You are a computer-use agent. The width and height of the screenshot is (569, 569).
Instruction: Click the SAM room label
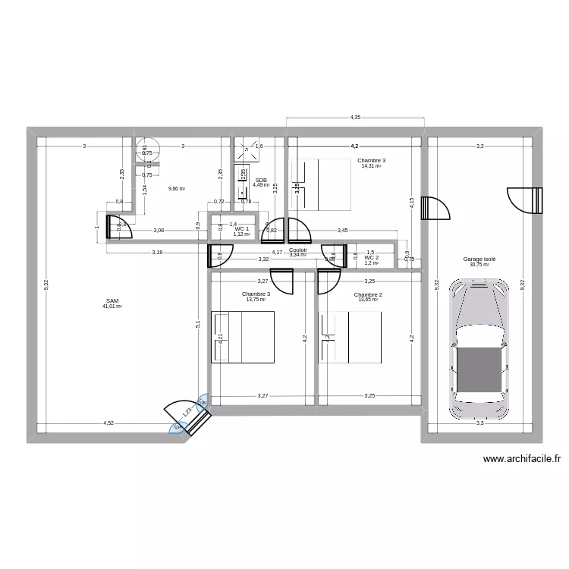(112, 300)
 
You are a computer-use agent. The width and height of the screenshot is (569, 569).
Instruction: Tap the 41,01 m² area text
(112, 307)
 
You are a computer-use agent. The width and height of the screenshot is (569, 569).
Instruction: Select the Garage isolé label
(479, 259)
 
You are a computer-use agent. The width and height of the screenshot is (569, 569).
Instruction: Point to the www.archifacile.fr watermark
(520, 458)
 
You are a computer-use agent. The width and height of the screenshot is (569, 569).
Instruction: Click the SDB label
(260, 180)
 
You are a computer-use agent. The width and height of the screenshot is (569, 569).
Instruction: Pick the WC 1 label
(242, 228)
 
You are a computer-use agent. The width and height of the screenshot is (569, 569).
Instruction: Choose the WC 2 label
(371, 258)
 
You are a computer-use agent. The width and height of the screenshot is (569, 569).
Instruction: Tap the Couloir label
(298, 249)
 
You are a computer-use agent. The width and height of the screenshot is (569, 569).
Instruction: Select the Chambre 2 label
(368, 294)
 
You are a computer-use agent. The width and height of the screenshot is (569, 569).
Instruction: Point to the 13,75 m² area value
(256, 300)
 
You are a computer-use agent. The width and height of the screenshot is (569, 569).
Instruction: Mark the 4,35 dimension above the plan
(355, 118)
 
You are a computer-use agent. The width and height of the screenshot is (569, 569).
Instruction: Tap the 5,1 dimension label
(199, 324)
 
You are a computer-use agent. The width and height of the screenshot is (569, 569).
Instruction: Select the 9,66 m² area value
(177, 189)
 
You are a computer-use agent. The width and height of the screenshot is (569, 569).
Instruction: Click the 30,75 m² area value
(479, 265)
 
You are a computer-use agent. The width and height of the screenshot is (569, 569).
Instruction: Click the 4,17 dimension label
(278, 253)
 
